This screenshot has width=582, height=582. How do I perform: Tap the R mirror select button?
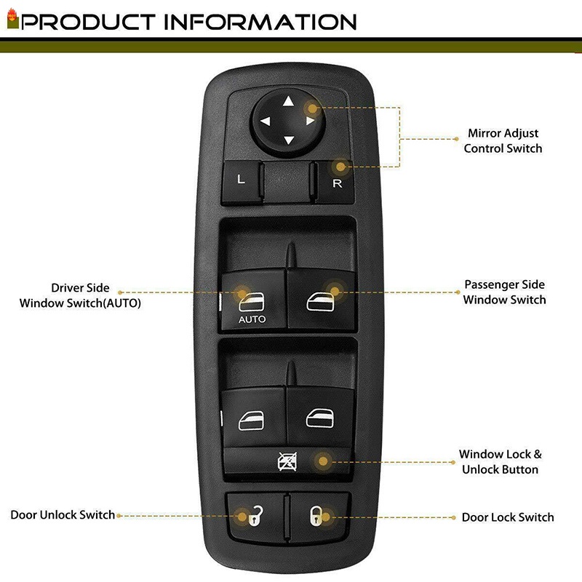(335, 183)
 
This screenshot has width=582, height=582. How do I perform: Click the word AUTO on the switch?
(252, 319)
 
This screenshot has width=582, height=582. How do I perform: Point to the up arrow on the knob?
(288, 102)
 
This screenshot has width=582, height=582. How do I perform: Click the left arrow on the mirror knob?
(265, 121)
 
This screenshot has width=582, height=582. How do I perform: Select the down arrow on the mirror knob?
(288, 140)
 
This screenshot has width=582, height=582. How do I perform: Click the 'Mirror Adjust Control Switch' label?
(503, 141)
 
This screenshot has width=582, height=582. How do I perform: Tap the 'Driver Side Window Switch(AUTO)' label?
(80, 295)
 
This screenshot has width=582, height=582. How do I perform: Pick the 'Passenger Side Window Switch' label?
(504, 292)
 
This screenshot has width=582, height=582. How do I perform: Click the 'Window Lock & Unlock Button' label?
(500, 462)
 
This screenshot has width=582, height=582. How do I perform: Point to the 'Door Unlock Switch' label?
(63, 515)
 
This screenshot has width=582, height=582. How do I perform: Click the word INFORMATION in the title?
(261, 21)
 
